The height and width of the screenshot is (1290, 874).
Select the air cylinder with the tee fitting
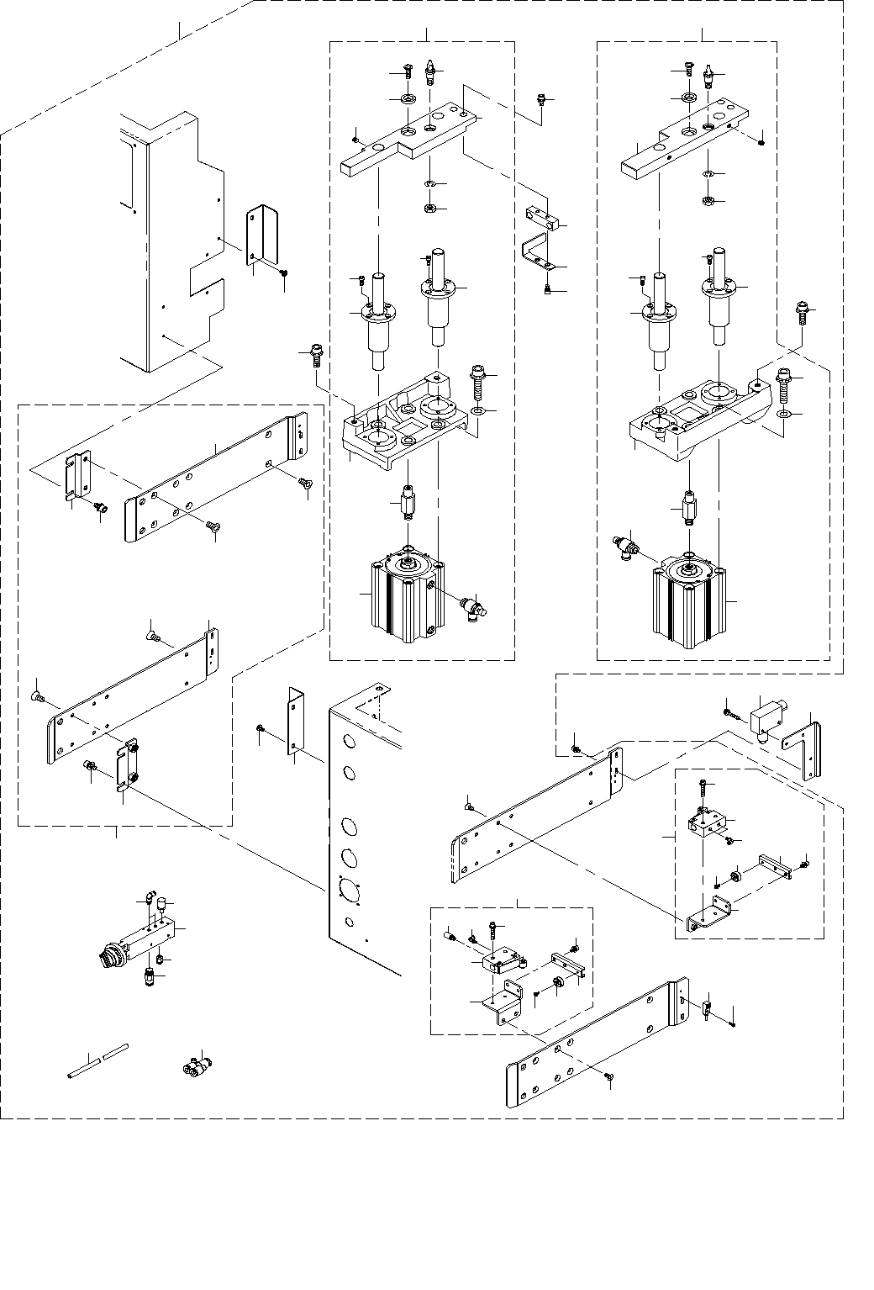click(688, 603)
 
